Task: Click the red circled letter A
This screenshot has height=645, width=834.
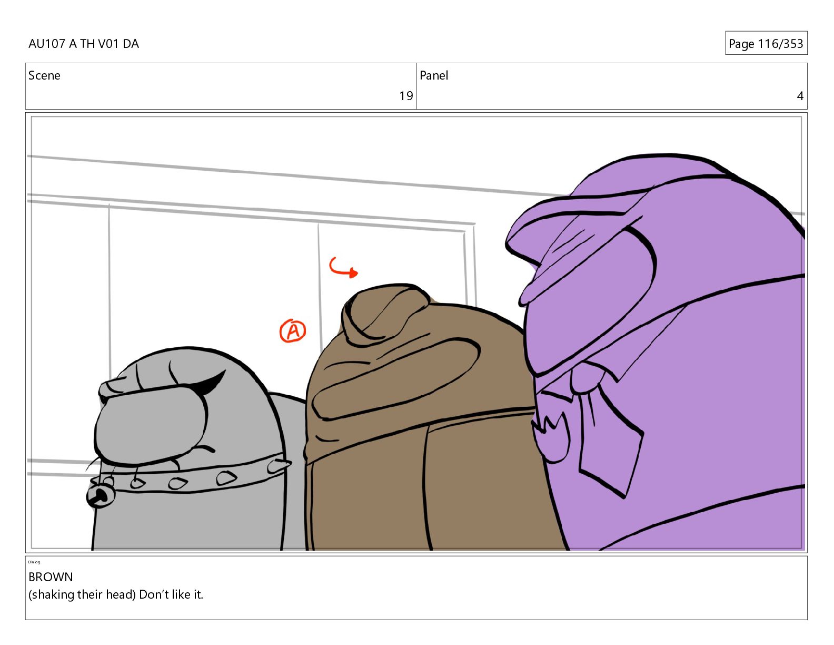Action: pos(293,331)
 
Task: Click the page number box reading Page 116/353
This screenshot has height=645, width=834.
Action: pos(766,43)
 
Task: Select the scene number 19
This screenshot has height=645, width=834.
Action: pos(405,96)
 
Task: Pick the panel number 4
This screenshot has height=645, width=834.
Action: pos(800,96)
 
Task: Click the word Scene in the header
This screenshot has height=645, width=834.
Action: pos(44,75)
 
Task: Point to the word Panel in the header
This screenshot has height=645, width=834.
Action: pos(434,75)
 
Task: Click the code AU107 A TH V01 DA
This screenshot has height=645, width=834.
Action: pos(84,44)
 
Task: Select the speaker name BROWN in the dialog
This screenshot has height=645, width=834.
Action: pos(51,577)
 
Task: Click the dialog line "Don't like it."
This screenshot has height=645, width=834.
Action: pos(171,594)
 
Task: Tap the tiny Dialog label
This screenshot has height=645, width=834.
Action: pos(34,562)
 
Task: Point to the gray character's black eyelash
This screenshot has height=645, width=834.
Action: pos(211,383)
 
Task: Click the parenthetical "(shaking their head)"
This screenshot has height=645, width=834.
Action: pos(82,595)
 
